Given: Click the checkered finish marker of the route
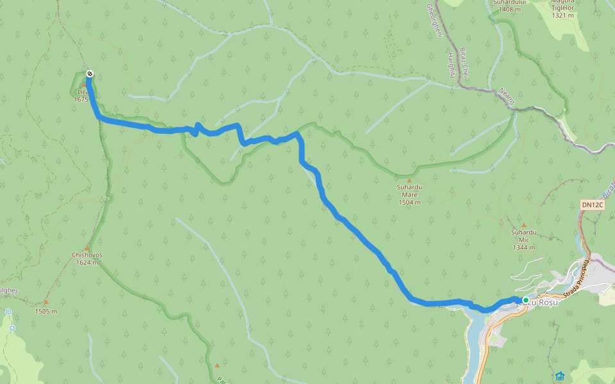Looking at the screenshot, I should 90,74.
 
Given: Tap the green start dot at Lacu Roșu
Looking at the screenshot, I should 525,300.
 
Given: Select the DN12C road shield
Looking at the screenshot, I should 593,205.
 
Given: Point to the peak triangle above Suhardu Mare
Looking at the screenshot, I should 409,180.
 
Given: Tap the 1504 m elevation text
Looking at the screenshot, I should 409,202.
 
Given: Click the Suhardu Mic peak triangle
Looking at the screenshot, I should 523,225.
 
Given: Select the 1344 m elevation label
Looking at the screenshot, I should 524,248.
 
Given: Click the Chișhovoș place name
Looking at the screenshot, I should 86,255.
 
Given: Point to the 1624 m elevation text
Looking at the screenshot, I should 86,262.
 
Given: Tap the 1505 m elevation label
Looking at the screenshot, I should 46,312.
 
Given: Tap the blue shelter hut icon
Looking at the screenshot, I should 561,376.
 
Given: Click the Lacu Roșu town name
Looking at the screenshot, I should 541,302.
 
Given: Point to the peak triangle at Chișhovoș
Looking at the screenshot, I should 86,247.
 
